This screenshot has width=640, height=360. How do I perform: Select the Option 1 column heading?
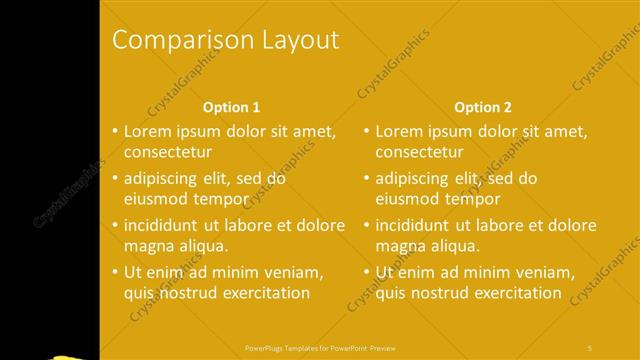[x=231, y=107]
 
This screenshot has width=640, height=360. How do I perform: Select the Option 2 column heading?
[x=482, y=107]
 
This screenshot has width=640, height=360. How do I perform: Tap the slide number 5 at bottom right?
[x=590, y=346]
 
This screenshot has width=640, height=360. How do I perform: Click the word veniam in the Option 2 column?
[x=545, y=271]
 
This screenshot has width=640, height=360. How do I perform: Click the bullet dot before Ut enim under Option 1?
[x=115, y=272]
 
